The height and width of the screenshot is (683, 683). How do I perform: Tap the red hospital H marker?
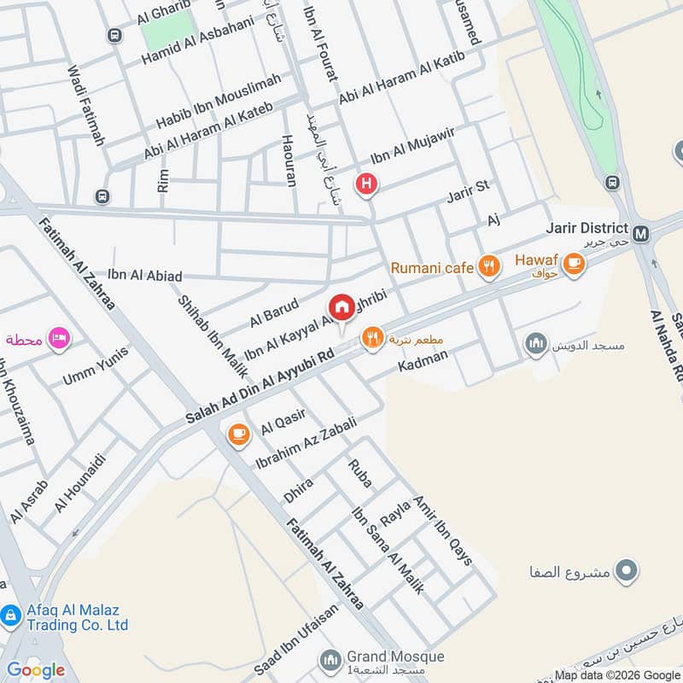coord(367,184)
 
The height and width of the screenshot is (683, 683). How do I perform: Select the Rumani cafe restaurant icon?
coord(488,267)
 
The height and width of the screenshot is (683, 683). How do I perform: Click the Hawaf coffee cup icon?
coord(575,264)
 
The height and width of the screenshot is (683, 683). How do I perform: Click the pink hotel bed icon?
coord(59,338)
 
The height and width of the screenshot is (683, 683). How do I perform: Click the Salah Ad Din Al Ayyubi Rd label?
coord(259,388)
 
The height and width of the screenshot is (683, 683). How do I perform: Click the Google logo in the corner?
coord(36,670)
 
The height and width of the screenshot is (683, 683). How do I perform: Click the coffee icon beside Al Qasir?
coord(238,435)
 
